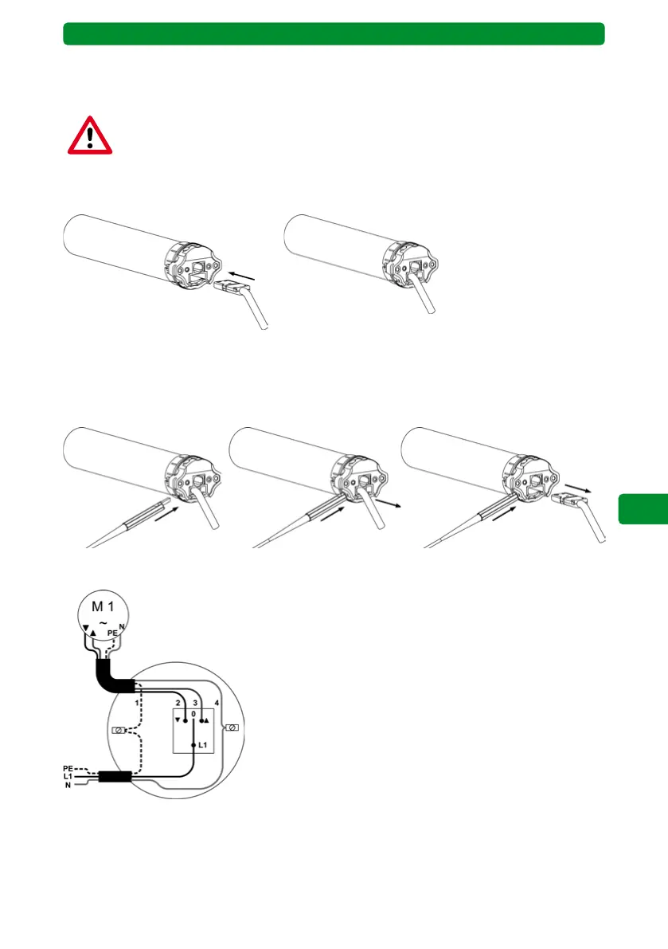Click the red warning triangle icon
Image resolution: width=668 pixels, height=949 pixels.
coord(89,135)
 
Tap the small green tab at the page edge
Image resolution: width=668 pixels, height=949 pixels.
coord(643,508)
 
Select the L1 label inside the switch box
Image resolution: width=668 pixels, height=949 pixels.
coord(203,744)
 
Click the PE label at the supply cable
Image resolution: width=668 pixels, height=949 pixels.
coord(68,770)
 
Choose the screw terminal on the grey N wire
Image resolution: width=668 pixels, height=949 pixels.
coord(232,727)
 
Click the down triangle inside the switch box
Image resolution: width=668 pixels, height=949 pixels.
coord(178,720)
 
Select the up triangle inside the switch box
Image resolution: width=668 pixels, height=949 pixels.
coord(207,720)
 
